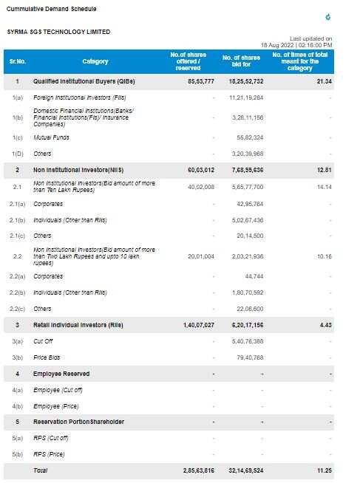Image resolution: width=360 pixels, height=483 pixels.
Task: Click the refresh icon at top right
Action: click(328, 17)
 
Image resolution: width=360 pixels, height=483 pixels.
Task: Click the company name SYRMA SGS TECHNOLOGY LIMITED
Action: click(58, 32)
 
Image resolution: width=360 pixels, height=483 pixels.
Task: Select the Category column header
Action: click(95, 61)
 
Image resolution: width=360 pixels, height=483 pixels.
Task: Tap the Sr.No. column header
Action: click(18, 61)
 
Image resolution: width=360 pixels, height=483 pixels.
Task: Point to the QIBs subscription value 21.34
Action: click(325, 81)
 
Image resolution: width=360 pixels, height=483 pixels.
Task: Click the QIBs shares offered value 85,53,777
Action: click(201, 81)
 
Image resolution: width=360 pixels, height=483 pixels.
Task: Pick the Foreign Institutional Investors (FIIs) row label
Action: click(80, 97)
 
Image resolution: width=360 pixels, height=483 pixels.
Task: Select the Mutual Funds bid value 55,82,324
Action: click(250, 137)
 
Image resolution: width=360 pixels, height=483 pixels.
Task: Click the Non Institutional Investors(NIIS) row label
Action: click(78, 170)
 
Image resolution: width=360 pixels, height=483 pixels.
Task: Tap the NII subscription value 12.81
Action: click(325, 170)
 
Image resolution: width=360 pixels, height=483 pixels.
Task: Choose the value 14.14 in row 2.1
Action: click(325, 187)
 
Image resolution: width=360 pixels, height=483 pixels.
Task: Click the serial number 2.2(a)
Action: click(17, 276)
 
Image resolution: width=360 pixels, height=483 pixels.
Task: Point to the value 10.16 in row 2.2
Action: click(325, 256)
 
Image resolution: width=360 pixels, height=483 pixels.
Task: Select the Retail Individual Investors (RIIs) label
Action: click(78, 325)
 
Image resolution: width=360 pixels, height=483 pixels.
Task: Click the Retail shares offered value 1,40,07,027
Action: click(199, 325)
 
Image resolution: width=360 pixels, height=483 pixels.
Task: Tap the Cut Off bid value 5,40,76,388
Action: click(248, 341)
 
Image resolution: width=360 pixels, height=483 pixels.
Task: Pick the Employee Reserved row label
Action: click(61, 374)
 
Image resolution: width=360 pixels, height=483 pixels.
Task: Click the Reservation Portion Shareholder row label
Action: click(78, 422)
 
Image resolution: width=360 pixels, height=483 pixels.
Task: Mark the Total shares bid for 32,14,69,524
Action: click(246, 470)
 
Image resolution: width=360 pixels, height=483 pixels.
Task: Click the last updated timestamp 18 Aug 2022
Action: click(277, 45)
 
